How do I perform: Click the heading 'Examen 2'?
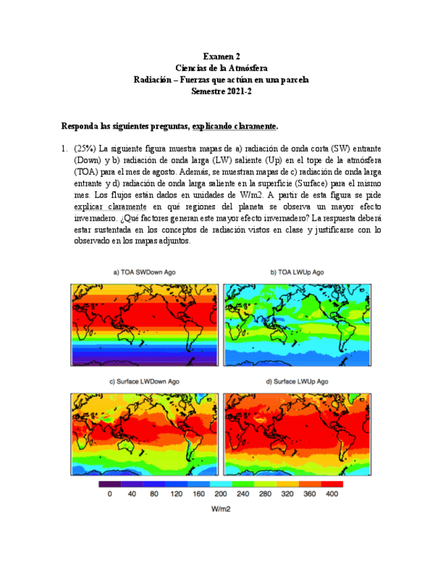coord(221,57)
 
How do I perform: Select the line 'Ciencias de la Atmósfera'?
coord(221,68)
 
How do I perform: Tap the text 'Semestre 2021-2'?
coord(221,91)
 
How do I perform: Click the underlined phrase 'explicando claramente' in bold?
coord(234,127)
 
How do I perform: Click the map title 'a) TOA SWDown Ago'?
coord(144,272)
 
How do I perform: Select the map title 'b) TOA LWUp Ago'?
coord(297,272)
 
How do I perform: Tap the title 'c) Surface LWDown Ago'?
coord(144,382)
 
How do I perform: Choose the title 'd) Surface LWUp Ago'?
coord(297,382)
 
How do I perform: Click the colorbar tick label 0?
coord(110,495)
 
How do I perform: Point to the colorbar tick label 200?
coord(221,495)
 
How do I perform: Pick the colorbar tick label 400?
coord(331,495)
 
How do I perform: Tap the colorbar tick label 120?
coord(176,495)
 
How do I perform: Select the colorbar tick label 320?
coord(287,495)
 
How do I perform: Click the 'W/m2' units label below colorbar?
coord(221,509)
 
